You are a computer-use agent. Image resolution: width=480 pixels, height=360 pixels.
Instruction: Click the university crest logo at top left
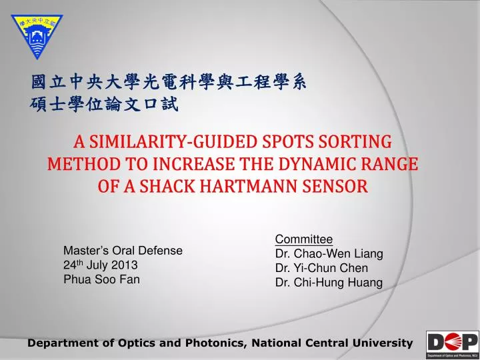(35, 35)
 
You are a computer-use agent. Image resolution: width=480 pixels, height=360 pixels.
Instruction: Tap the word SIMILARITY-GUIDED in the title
(172, 143)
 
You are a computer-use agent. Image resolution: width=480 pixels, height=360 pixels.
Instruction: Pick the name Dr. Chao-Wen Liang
(329, 254)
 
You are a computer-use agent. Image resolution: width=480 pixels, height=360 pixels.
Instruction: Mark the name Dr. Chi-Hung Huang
(329, 283)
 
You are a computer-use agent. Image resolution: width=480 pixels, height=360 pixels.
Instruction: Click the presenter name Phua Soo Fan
(101, 279)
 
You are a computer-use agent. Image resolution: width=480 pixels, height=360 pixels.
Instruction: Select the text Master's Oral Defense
(123, 251)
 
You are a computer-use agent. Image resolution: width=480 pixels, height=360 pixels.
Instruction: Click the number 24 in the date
(69, 265)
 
